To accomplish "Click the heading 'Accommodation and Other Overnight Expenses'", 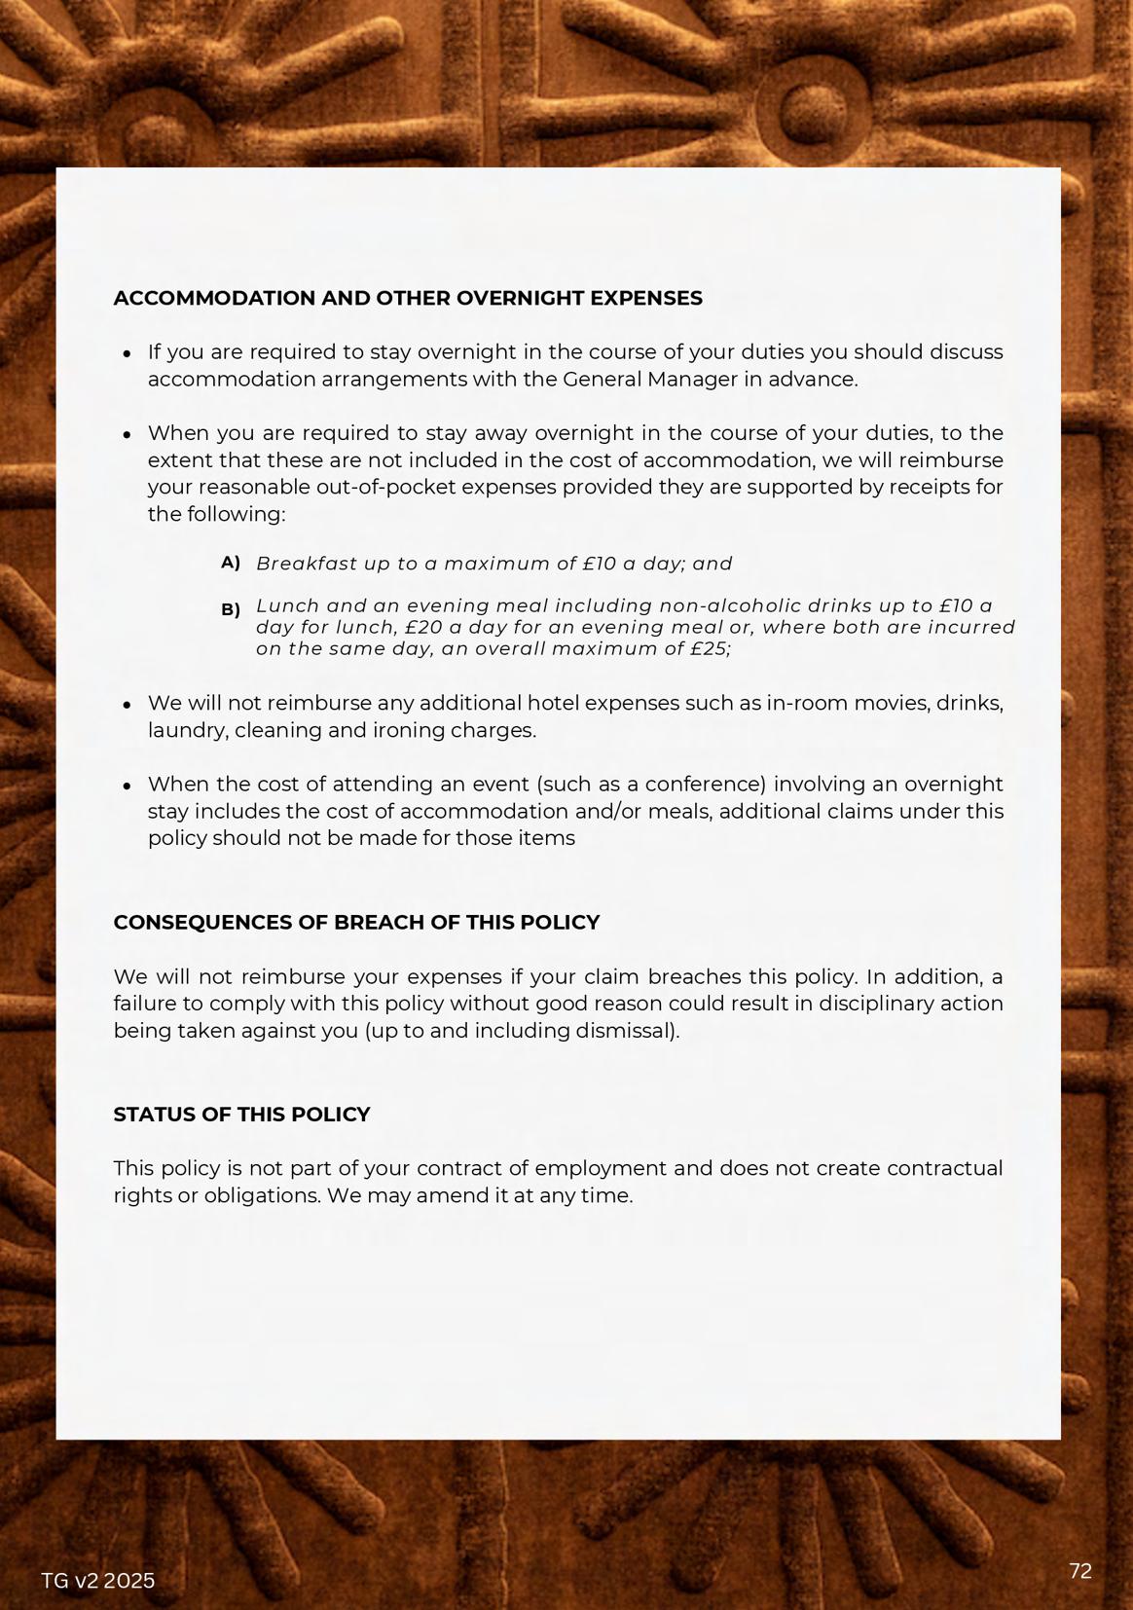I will tap(408, 299).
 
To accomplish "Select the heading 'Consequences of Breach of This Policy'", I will tap(356, 923).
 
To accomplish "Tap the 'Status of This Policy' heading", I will tap(241, 1115).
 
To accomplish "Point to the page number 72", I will tap(1080, 1571).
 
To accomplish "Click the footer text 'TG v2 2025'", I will tap(98, 1581).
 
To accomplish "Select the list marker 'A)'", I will tap(231, 563).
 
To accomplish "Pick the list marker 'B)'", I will tap(231, 610).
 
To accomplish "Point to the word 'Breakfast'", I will tap(306, 564).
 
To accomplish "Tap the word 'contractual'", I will tap(944, 1169).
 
